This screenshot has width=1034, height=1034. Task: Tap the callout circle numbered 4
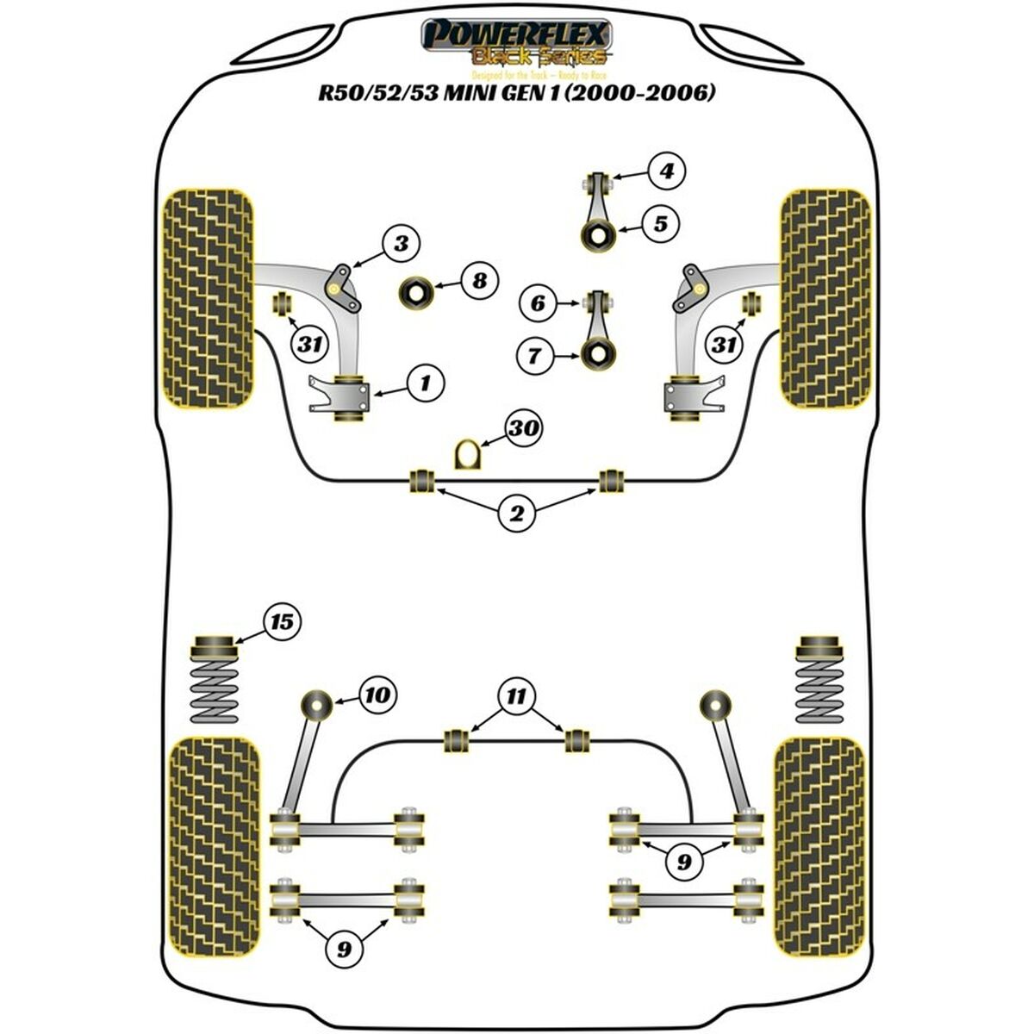pyautogui.click(x=666, y=171)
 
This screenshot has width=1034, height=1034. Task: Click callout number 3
pyautogui.click(x=401, y=244)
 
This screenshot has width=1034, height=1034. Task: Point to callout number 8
pyautogui.click(x=479, y=280)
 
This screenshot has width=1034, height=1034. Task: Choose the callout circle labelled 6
pyautogui.click(x=539, y=302)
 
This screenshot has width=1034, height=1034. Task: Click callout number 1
pyautogui.click(x=426, y=382)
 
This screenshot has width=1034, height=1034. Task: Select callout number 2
pyautogui.click(x=516, y=514)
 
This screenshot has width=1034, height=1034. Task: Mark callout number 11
pyautogui.click(x=515, y=695)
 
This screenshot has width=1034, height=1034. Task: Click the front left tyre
pyautogui.click(x=209, y=297)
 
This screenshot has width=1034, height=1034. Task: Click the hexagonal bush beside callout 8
pyautogui.click(x=415, y=293)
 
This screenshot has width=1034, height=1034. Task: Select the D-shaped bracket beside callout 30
pyautogui.click(x=465, y=453)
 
